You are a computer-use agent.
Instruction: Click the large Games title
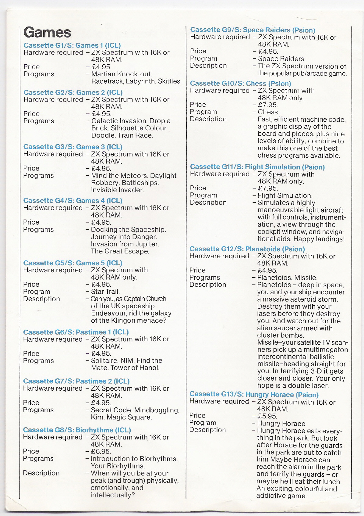tap(47, 33)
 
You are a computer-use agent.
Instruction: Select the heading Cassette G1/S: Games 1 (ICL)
tap(72, 45)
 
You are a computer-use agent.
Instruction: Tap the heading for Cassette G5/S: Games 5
tap(72, 263)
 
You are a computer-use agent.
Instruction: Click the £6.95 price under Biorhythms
tap(101, 451)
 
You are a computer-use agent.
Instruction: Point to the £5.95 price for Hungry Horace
tap(267, 416)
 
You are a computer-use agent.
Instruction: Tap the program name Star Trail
tap(105, 292)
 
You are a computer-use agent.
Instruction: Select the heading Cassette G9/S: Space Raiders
tap(253, 30)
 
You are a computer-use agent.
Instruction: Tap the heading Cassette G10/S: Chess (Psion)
tap(240, 84)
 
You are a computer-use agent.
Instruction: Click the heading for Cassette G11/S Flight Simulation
tap(257, 167)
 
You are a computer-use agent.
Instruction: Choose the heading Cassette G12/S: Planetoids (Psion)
tap(247, 249)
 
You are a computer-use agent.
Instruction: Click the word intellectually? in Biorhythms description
tap(112, 495)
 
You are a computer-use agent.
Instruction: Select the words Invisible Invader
tap(117, 190)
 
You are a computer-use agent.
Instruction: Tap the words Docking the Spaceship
tap(128, 230)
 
